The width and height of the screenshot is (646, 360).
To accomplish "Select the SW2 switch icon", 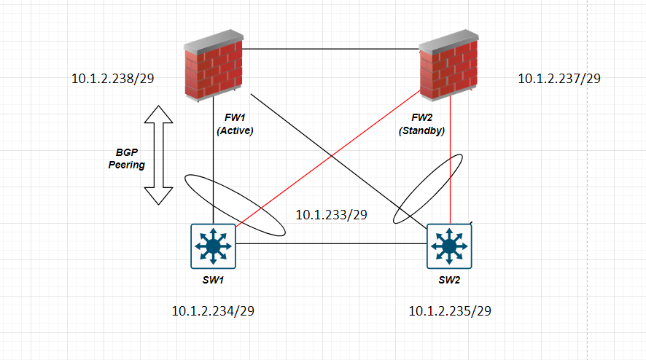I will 451,246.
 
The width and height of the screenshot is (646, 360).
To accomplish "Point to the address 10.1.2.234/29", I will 213,311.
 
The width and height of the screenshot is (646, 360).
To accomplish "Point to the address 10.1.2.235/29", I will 451,311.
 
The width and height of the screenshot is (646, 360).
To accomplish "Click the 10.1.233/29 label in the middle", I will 330,215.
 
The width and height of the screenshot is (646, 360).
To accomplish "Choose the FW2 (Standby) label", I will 422,124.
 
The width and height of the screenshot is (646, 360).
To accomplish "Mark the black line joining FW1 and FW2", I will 330,50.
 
